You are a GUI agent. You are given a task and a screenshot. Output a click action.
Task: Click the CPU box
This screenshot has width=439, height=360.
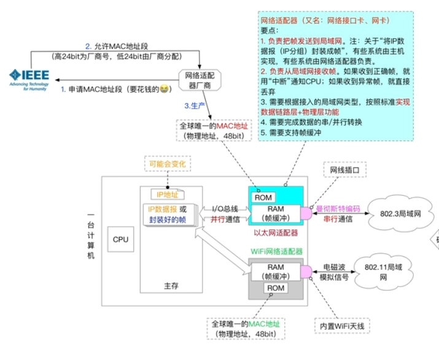[x=120, y=239]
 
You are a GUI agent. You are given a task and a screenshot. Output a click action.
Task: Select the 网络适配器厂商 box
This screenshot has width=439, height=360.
[x=200, y=81]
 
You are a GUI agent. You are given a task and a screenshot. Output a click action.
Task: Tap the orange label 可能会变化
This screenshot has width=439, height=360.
[x=167, y=164]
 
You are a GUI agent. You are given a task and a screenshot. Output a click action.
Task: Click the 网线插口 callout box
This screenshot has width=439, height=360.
[x=348, y=169]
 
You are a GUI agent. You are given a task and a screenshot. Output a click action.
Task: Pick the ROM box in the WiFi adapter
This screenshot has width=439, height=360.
[x=276, y=288]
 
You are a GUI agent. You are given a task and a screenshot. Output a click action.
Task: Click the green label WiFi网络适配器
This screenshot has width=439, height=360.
[x=276, y=251]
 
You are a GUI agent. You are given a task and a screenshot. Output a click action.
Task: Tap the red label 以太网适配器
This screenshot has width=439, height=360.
[x=276, y=233]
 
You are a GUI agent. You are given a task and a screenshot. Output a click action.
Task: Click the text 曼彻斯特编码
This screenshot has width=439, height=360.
[x=338, y=209]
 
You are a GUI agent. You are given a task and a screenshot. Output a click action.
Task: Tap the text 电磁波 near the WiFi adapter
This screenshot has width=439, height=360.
[x=335, y=268]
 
